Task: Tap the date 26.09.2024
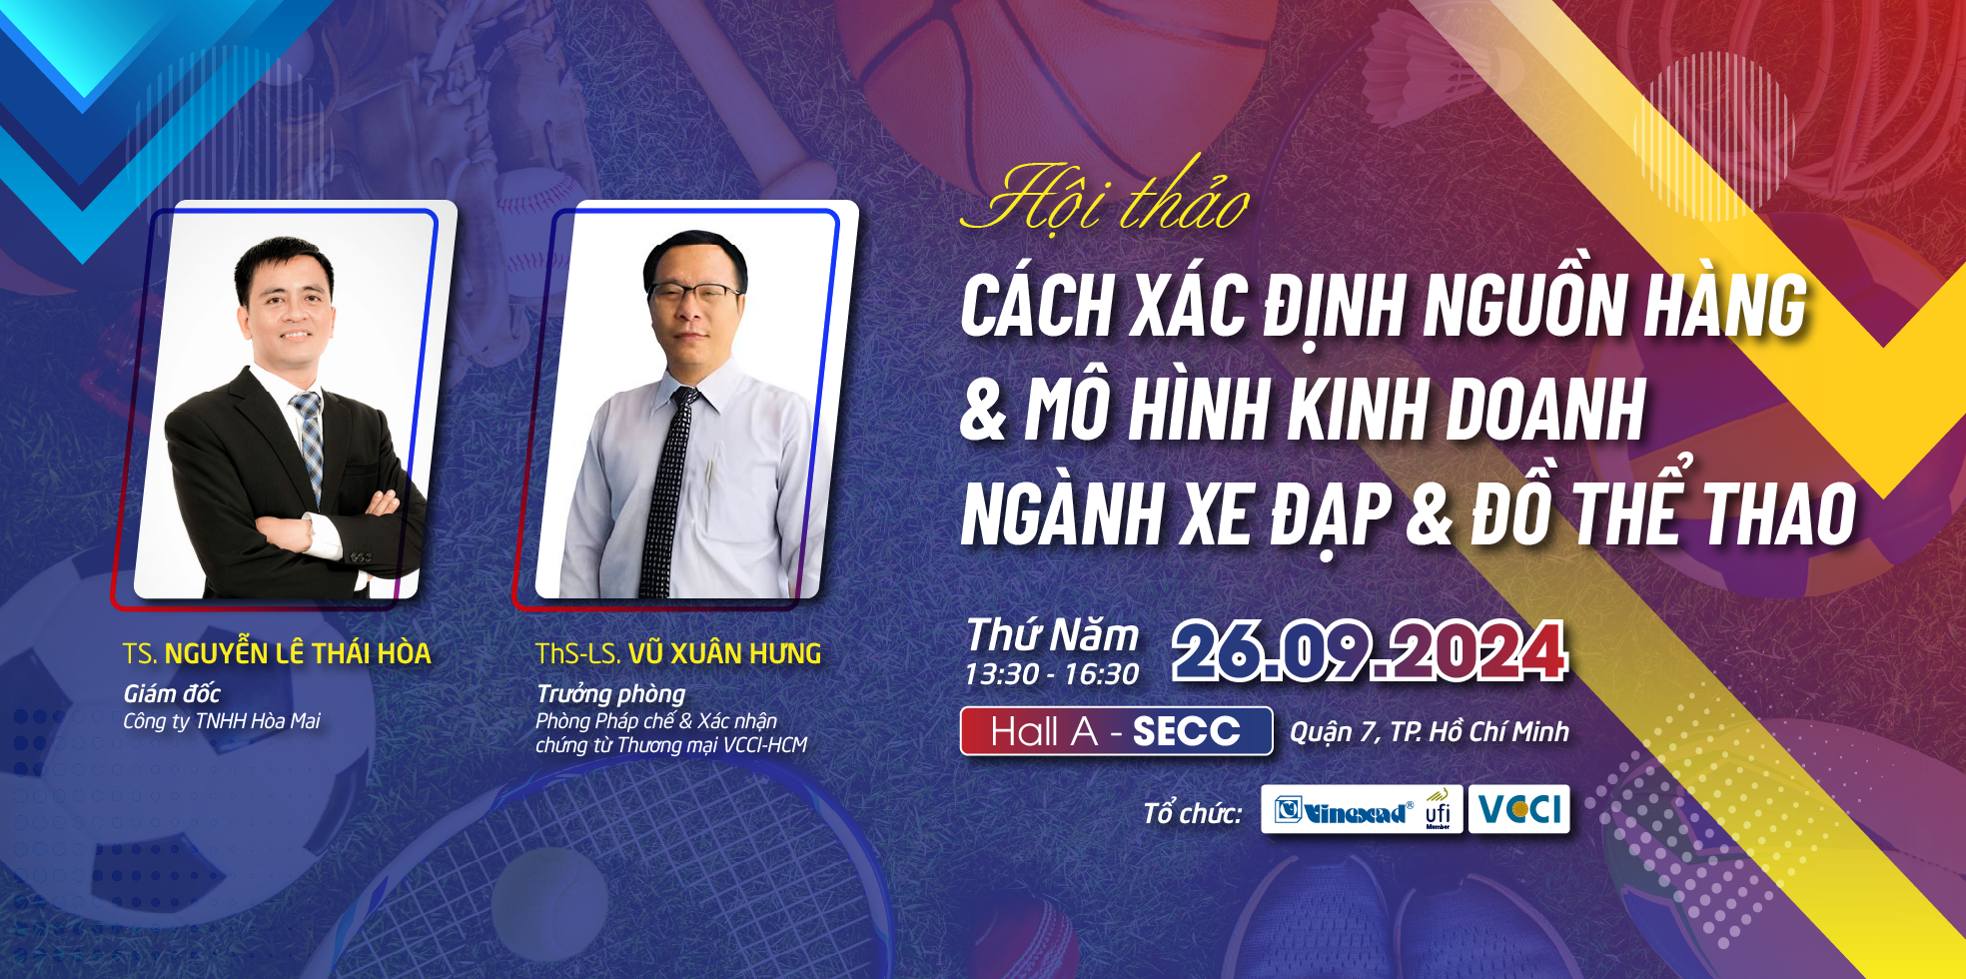(x=1370, y=651)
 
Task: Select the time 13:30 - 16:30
(x=1051, y=674)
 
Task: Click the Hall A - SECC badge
(x=1116, y=731)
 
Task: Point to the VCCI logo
(x=1518, y=808)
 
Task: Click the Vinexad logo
(x=1344, y=811)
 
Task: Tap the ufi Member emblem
(x=1438, y=809)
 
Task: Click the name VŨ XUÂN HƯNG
(x=724, y=653)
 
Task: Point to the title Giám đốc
(x=172, y=693)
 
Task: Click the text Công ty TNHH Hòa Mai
(x=222, y=721)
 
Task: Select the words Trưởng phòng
(x=610, y=694)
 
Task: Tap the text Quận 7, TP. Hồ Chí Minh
(x=1430, y=732)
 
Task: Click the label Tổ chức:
(x=1193, y=813)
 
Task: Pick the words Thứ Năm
(x=1052, y=635)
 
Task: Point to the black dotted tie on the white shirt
(x=665, y=489)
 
